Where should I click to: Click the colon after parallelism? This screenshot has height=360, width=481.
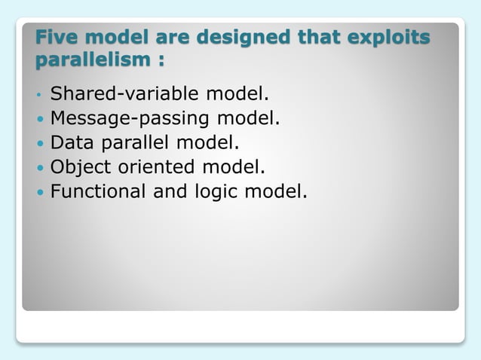tap(161, 59)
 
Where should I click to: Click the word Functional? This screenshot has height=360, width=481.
tap(98, 191)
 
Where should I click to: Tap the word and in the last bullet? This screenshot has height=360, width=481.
tap(170, 191)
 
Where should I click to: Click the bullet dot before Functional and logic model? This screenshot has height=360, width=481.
tap(40, 191)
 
